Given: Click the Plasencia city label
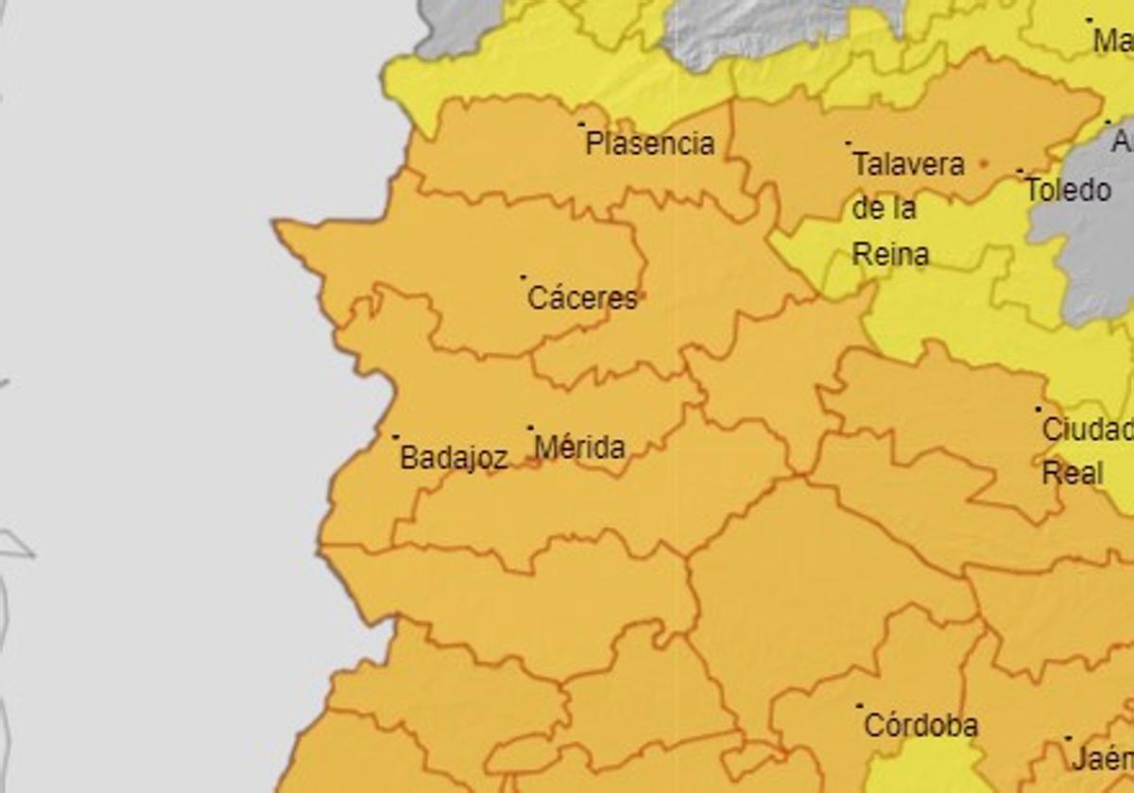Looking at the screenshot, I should click(x=649, y=144).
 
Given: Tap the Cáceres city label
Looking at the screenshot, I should click(x=582, y=298).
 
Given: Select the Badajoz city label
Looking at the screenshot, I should click(x=454, y=458).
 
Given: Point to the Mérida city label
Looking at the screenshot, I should click(x=579, y=447).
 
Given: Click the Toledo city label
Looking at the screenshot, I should click(x=1068, y=190).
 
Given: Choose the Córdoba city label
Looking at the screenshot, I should click(x=920, y=726).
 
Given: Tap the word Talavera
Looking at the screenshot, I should click(x=908, y=164).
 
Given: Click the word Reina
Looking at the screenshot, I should click(x=890, y=254).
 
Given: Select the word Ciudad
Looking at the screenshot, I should click(x=1087, y=430).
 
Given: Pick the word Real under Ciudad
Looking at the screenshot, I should click(x=1072, y=472).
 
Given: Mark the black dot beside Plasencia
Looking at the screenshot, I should click(x=581, y=124).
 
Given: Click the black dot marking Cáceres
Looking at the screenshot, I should click(x=523, y=278).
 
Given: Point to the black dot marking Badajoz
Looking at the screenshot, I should click(x=395, y=437).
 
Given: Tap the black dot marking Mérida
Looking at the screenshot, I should click(x=530, y=428).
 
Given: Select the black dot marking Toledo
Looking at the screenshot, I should click(x=1020, y=171).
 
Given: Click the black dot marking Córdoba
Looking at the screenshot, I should click(x=859, y=705).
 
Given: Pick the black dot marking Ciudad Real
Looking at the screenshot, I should click(x=1038, y=410).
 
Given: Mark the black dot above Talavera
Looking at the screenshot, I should click(x=848, y=143).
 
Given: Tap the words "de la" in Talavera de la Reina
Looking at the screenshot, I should click(x=884, y=209).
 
